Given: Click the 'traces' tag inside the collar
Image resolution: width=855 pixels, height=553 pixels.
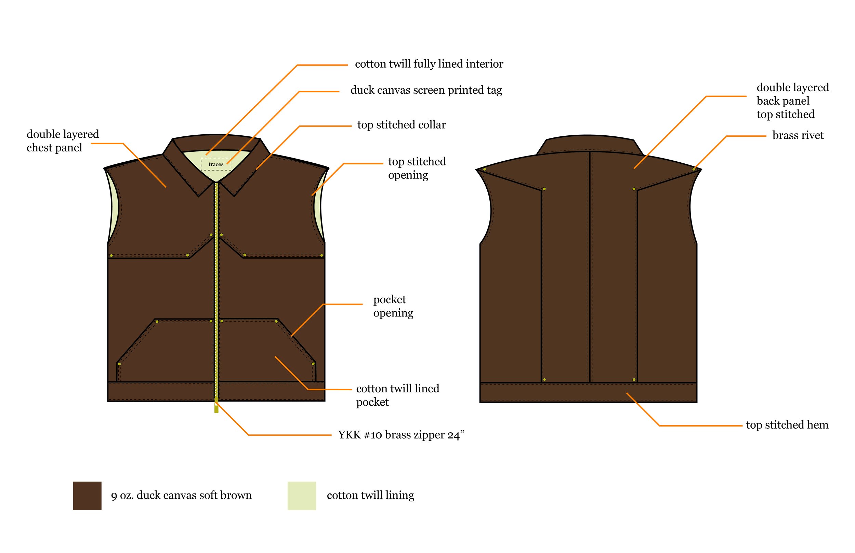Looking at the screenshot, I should (x=216, y=164).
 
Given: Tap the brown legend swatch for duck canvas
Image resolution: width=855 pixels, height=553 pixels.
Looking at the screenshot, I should (x=87, y=496).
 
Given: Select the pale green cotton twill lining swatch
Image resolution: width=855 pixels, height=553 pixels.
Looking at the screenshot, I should (x=301, y=496).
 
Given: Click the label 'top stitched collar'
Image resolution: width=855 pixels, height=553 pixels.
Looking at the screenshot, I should (x=401, y=125).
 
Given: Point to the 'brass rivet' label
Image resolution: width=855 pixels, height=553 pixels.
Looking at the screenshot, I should (x=798, y=135).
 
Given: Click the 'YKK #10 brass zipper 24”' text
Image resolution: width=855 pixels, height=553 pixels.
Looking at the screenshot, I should (x=401, y=435).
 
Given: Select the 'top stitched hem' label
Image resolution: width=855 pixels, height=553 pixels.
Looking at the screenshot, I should (x=787, y=425).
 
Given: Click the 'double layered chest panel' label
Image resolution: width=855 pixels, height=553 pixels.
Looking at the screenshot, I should (x=63, y=141).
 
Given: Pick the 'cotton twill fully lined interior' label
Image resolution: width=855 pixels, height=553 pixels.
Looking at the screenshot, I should (x=429, y=64).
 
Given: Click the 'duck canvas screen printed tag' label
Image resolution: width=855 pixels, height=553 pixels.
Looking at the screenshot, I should (x=426, y=90).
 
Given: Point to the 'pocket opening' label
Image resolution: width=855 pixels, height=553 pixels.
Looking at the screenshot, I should (x=393, y=306).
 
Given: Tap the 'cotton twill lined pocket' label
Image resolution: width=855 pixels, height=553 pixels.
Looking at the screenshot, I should (x=397, y=395).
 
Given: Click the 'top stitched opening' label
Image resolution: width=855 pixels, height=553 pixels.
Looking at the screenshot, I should (x=417, y=168).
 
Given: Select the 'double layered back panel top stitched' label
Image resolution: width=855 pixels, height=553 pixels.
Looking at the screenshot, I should (x=792, y=101).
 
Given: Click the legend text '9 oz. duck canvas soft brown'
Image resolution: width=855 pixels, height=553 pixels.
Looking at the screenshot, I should (x=181, y=495).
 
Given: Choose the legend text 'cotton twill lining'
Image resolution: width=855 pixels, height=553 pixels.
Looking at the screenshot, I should (x=370, y=495).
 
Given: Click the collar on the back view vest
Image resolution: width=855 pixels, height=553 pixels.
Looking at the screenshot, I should (x=589, y=144).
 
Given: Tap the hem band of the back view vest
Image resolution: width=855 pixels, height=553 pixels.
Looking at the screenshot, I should (x=588, y=392).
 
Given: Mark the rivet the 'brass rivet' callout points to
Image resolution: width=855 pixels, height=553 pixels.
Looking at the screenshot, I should (x=694, y=169).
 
